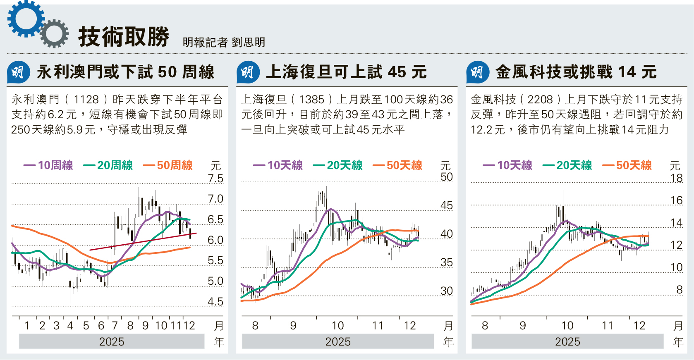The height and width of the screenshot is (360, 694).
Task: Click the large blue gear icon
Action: click(25, 19)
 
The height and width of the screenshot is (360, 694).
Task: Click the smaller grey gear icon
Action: click(54, 33)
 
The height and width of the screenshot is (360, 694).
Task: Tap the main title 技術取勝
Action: click(124, 37)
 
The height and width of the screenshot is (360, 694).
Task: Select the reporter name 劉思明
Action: click(248, 42)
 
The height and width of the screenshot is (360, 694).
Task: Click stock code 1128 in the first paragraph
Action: click(86, 100)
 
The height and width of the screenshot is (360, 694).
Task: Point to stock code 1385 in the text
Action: click(311, 100)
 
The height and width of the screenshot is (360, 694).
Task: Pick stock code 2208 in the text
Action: click(540, 100)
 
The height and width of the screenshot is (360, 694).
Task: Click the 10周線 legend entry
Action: click(49, 165)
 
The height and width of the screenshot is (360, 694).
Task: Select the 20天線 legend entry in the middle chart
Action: click(338, 165)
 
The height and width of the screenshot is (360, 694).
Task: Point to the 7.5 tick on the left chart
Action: click(215, 179)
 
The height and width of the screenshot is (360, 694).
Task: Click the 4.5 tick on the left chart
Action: click(215, 302)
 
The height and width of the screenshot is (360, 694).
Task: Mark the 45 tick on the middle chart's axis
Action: click(446, 205)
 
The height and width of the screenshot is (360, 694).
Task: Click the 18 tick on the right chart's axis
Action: click(676, 178)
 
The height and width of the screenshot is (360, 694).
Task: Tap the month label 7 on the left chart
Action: click(115, 326)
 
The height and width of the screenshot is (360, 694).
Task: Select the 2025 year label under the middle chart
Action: click(337, 342)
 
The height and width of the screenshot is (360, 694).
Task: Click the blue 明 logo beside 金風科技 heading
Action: click(477, 72)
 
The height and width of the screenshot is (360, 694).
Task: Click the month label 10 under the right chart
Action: click(567, 326)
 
